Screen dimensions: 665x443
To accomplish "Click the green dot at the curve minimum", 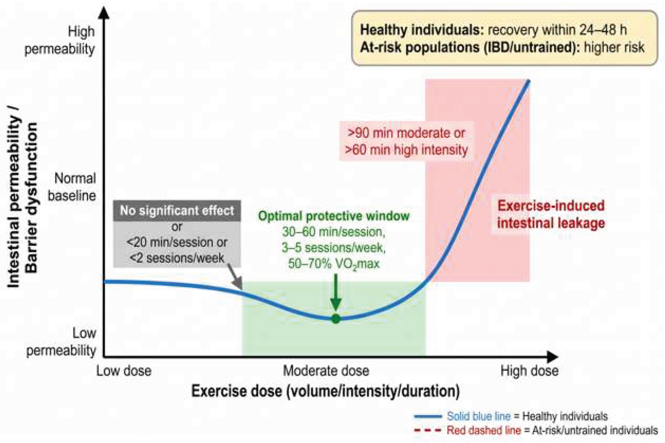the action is pyautogui.click(x=336, y=319).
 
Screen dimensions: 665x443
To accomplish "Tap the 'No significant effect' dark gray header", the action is pyautogui.click(x=177, y=211).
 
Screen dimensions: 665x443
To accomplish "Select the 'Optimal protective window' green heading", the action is pyautogui.click(x=334, y=216).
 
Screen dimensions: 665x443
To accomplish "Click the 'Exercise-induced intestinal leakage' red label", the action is pyautogui.click(x=551, y=214).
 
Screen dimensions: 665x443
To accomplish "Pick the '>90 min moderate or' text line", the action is pyautogui.click(x=406, y=133).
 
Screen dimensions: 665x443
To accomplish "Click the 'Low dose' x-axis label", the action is pyautogui.click(x=124, y=371).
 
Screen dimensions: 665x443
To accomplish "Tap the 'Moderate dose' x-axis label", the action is pyautogui.click(x=326, y=371).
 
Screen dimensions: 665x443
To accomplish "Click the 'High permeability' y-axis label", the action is pyautogui.click(x=60, y=40).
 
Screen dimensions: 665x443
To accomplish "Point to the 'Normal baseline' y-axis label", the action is pyautogui.click(x=72, y=187).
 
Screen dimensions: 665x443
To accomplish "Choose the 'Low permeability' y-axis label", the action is pyautogui.click(x=61, y=342).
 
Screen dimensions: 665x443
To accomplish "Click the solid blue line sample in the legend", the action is pyautogui.click(x=428, y=416).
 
